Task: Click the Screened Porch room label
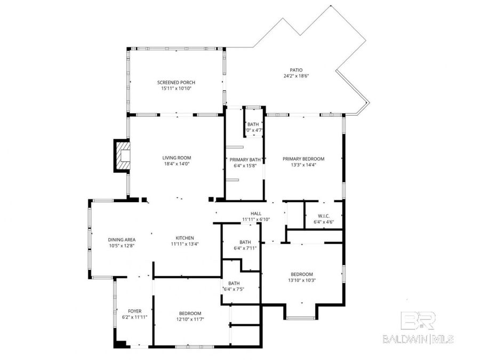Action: click(x=176, y=82)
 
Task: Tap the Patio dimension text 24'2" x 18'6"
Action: click(x=296, y=76)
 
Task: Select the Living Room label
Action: click(x=177, y=157)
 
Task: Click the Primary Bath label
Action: click(x=245, y=159)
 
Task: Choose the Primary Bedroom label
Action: click(x=303, y=158)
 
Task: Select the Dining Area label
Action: click(x=121, y=239)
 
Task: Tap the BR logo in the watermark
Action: click(x=418, y=321)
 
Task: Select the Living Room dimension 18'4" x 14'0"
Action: click(x=177, y=164)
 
